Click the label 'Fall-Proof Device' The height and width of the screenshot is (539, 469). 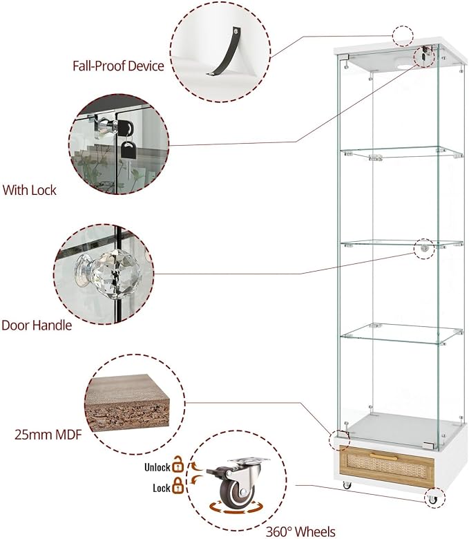pyautogui.click(x=118, y=66)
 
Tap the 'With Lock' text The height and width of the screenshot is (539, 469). pyautogui.click(x=29, y=190)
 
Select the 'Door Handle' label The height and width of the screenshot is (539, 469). pyautogui.click(x=37, y=325)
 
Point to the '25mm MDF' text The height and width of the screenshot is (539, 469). pyautogui.click(x=48, y=435)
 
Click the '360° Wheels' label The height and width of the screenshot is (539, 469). pyautogui.click(x=300, y=531)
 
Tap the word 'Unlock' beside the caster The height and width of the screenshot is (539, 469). pyautogui.click(x=157, y=467)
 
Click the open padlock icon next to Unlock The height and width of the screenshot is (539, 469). pyautogui.click(x=178, y=464)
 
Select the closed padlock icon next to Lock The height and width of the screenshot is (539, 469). pyautogui.click(x=178, y=486)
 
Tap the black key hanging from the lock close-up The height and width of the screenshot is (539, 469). pyautogui.click(x=128, y=150)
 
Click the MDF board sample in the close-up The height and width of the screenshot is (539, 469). pyautogui.click(x=127, y=403)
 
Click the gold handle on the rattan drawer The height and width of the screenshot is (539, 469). pyautogui.click(x=383, y=457)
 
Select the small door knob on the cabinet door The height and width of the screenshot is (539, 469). pyautogui.click(x=425, y=247)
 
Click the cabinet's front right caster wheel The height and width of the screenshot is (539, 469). pyautogui.click(x=432, y=499)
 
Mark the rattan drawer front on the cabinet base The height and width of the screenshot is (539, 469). pyautogui.click(x=387, y=466)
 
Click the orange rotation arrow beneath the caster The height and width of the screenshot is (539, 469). pyautogui.click(x=236, y=508)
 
